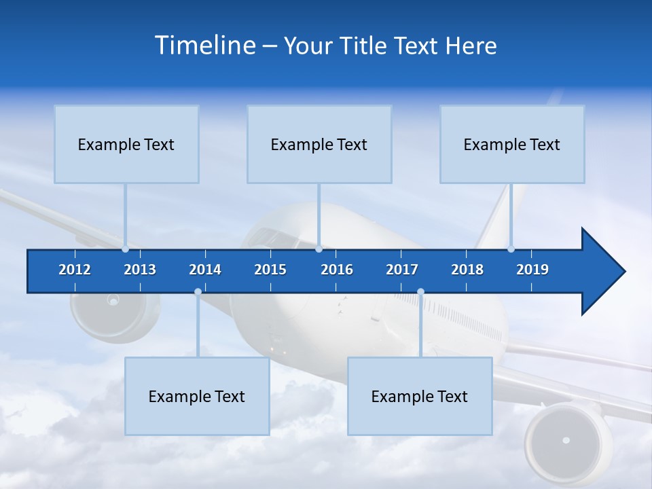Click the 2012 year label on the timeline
(x=75, y=270)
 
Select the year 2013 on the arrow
(x=140, y=270)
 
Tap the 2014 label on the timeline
(x=205, y=270)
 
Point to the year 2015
(x=270, y=270)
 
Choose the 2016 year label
(x=337, y=270)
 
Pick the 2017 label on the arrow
(x=402, y=270)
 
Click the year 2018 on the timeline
(x=467, y=270)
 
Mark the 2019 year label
(x=532, y=270)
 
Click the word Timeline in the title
(x=204, y=46)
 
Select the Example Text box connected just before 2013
(x=126, y=144)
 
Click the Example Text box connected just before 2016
(x=319, y=144)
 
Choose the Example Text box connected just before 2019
(x=512, y=144)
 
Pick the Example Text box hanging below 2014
(x=197, y=396)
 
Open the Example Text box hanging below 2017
(x=420, y=396)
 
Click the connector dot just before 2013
(x=125, y=249)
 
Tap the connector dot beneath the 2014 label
(x=198, y=292)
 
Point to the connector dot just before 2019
(x=511, y=249)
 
